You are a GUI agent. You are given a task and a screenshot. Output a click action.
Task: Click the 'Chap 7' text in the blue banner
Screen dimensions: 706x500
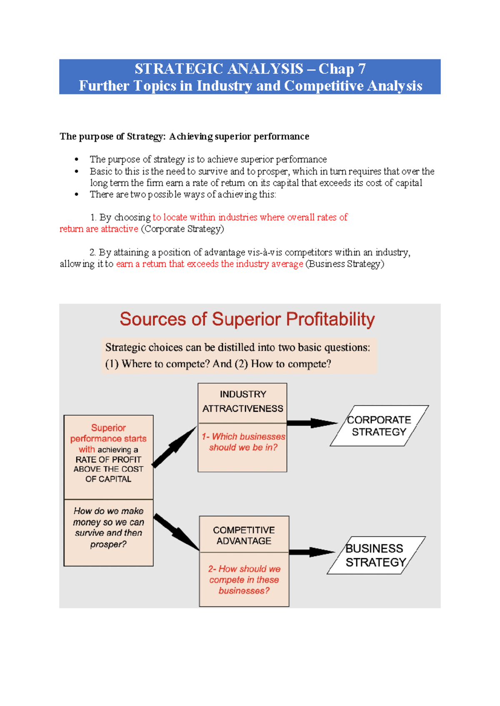342,69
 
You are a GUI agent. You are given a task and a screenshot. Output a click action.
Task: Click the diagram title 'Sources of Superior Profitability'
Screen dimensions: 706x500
247,319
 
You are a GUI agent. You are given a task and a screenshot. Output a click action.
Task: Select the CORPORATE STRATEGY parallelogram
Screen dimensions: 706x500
379,426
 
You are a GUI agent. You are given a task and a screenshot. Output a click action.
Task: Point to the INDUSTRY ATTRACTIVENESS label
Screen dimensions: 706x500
242,401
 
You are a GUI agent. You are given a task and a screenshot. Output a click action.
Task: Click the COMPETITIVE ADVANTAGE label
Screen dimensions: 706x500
244,535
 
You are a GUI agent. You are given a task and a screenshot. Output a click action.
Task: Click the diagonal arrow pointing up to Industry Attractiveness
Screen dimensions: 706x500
174,447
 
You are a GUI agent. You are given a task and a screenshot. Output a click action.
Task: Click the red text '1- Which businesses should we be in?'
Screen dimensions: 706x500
243,442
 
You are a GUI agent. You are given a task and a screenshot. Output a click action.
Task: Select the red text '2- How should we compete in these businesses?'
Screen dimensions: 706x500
244,579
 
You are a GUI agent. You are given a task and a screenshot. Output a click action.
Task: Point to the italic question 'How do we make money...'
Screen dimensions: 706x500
108,527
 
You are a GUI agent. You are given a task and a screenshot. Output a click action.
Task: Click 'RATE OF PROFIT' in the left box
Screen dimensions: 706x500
108,460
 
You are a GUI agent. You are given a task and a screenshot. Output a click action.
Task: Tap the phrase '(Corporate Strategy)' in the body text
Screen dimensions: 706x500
182,229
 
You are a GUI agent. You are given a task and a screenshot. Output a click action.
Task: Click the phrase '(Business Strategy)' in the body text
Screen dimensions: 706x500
345,264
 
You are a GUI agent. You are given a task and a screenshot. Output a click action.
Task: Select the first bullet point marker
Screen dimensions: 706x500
76,159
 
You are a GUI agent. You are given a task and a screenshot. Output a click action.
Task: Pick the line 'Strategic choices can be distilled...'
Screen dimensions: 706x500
237,348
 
